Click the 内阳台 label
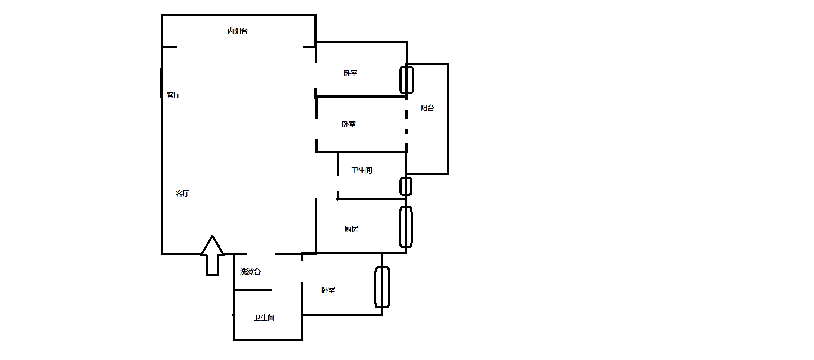click(238, 31)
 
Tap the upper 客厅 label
click(174, 95)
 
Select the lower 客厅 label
click(183, 193)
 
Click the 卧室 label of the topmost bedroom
click(351, 73)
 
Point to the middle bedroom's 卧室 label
click(349, 124)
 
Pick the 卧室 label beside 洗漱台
click(328, 290)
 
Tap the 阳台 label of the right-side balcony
click(427, 108)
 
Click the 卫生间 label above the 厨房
click(362, 170)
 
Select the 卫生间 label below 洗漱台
click(264, 318)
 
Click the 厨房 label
click(351, 229)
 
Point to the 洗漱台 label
click(250, 272)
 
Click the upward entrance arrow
click(212, 255)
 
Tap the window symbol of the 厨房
click(406, 227)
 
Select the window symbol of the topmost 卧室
click(407, 79)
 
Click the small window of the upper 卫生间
click(406, 186)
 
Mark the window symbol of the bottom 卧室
click(382, 287)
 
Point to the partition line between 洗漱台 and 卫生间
click(253, 290)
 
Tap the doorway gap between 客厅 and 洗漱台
click(261, 253)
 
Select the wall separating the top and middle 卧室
click(361, 97)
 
